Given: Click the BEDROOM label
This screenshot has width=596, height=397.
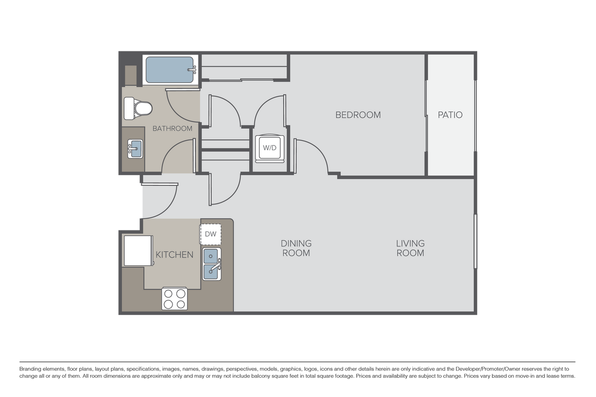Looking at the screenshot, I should (358, 115).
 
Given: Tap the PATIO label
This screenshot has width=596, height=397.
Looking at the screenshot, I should (450, 115).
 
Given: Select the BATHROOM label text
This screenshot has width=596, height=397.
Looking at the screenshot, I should (172, 128).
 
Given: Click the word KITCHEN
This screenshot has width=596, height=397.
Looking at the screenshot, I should (174, 254).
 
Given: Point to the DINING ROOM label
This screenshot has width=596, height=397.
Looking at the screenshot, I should (296, 248).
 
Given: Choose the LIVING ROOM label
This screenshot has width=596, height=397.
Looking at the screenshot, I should (410, 248).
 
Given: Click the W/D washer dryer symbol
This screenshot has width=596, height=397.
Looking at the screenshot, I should (270, 148).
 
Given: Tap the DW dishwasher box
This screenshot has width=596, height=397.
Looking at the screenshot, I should (211, 234).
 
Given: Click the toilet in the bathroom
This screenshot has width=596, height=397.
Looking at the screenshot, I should (138, 108).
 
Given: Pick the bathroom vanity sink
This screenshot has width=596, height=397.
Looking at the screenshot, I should (135, 149).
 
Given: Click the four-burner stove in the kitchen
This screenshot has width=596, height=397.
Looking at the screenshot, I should (174, 298).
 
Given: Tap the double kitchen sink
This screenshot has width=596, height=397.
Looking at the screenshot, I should (211, 264).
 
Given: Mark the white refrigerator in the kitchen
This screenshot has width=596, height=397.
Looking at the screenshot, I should (138, 250).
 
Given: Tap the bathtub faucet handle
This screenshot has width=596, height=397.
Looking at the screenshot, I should (193, 70).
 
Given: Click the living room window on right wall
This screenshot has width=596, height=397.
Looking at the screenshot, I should (475, 241).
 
